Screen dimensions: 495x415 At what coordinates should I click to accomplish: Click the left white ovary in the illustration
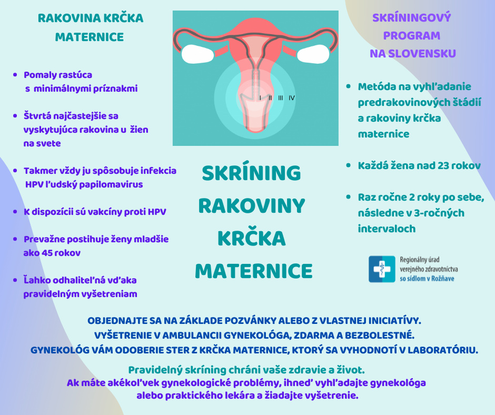(198, 54)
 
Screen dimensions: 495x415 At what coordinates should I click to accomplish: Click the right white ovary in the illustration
(313, 54)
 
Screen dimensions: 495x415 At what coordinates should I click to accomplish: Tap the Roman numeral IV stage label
(292, 98)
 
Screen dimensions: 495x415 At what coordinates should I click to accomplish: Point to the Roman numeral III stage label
(281, 98)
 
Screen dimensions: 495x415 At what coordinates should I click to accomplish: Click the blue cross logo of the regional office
(382, 269)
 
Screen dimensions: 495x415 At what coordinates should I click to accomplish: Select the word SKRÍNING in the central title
(251, 173)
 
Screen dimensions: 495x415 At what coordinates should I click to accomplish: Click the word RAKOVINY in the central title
(252, 206)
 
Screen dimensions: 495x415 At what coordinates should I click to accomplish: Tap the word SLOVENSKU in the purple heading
(422, 54)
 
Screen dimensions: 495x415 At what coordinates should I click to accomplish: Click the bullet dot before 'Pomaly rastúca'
(15, 75)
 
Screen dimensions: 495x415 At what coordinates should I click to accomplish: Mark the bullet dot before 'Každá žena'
(349, 165)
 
